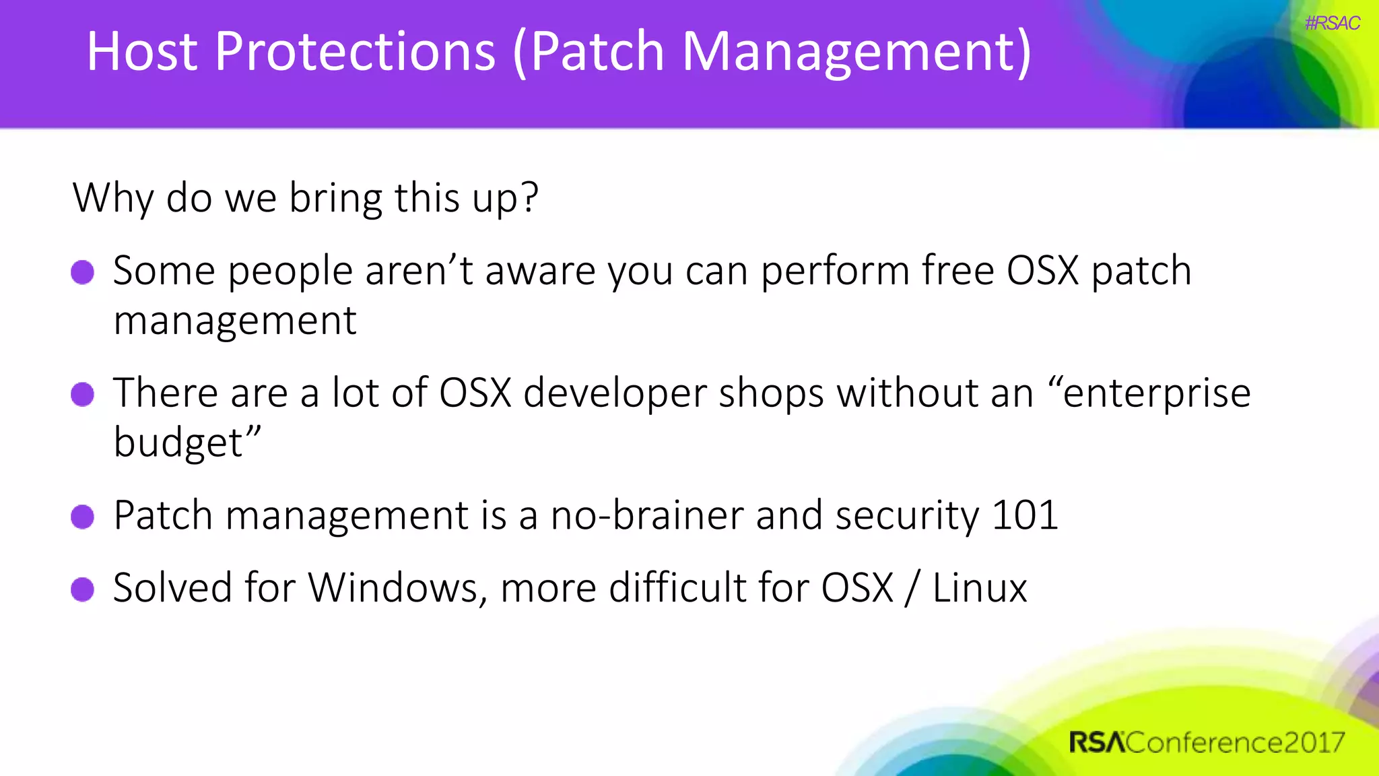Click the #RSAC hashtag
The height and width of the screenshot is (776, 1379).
1332,24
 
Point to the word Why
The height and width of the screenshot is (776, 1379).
113,199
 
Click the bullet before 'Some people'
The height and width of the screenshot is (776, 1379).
83,272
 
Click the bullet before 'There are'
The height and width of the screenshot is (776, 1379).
83,394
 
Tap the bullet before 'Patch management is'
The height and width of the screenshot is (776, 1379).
83,517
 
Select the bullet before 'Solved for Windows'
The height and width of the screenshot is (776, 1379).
83,589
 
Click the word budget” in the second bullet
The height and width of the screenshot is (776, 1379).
187,443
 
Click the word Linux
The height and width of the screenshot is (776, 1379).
980,587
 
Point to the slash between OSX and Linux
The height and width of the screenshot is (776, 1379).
912,587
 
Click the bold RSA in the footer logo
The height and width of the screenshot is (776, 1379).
1096,742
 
